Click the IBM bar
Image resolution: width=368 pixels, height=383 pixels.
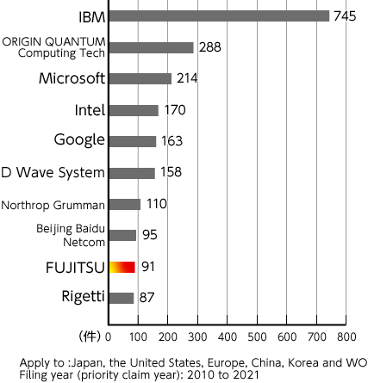pos(220,15)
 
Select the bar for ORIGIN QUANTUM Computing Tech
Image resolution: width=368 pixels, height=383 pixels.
pos(152,47)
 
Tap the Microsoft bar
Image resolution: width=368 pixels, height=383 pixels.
pos(140,78)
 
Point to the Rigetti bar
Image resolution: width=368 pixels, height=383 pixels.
pos(122,298)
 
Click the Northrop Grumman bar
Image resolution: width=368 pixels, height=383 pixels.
pos(125,204)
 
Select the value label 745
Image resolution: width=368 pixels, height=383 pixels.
pos(345,15)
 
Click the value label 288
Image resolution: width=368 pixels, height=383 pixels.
pos(209,47)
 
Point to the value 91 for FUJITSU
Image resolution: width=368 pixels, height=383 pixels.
pos(148,267)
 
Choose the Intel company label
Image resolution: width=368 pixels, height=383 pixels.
pos(90,110)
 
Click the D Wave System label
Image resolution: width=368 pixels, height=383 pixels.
pos(53,173)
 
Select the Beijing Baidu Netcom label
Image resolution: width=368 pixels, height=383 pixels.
pos(72,235)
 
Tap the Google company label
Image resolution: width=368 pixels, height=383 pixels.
pos(79,141)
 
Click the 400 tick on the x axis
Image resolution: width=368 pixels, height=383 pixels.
pos(228,336)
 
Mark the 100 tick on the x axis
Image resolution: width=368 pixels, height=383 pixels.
pos(139,336)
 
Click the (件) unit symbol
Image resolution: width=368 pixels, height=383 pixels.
pos(90,335)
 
